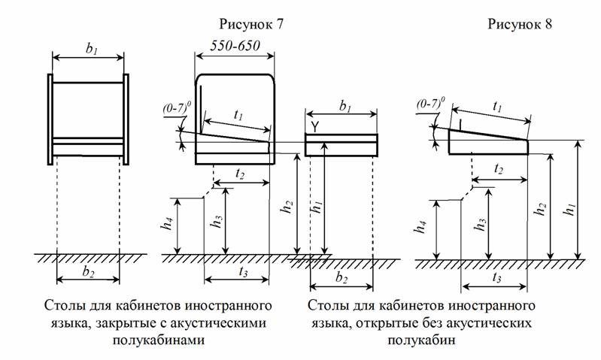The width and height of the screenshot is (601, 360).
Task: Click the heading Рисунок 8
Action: pos(519,24)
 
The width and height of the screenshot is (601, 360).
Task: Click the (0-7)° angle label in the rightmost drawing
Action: pos(430,101)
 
